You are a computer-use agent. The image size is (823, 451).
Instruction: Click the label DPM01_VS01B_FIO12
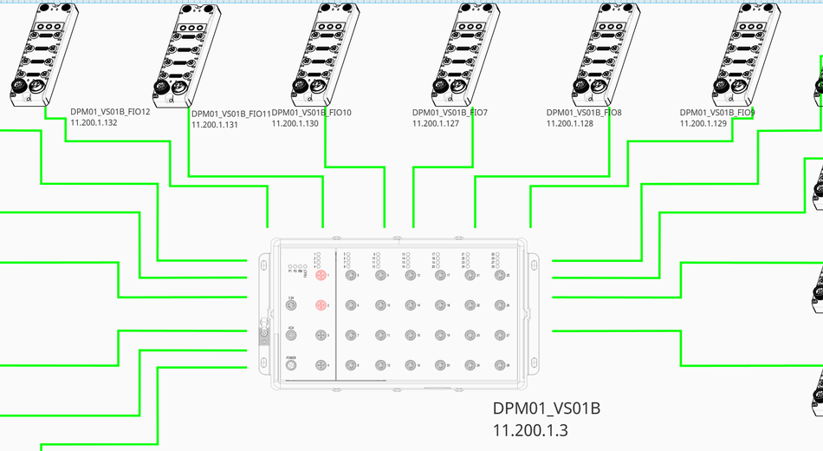[110, 113]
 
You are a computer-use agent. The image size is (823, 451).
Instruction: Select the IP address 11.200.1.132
[94, 123]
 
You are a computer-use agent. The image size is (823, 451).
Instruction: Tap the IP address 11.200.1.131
[214, 124]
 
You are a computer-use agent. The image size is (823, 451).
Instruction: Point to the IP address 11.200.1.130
[295, 123]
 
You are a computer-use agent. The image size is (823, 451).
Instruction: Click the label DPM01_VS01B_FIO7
[450, 113]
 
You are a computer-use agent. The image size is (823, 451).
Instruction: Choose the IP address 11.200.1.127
[435, 123]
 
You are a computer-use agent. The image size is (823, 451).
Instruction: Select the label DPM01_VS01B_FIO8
[584, 113]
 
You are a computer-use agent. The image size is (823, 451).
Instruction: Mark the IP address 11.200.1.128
[569, 123]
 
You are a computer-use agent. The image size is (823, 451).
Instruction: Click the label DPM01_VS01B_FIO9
[717, 113]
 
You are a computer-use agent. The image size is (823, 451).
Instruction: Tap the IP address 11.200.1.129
[703, 123]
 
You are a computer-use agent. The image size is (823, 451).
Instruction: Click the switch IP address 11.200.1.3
[530, 429]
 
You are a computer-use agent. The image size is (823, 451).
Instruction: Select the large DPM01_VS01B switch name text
[547, 409]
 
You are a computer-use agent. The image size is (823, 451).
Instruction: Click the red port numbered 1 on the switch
[320, 275]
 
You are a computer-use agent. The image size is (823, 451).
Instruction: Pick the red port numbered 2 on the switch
[320, 305]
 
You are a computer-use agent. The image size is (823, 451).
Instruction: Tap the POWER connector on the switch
[292, 365]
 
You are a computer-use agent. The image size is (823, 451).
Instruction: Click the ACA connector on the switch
[292, 335]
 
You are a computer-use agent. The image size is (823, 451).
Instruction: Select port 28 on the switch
[499, 365]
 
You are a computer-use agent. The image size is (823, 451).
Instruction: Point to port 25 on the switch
[499, 275]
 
